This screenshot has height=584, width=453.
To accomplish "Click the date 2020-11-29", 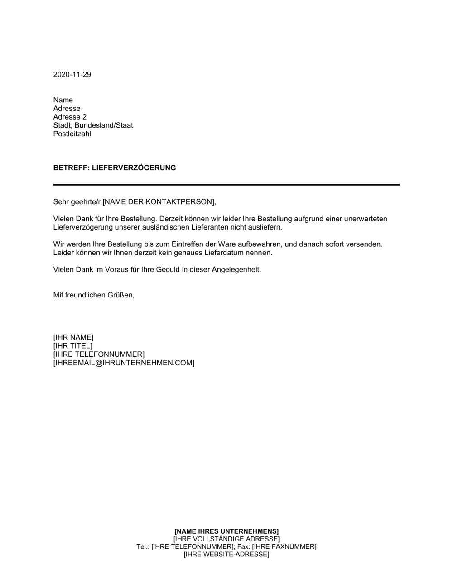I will click(x=72, y=75).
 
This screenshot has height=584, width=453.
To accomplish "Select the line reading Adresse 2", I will click(x=70, y=117).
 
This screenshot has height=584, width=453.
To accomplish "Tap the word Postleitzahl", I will click(x=72, y=134).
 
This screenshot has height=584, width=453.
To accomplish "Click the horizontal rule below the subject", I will click(x=226, y=185).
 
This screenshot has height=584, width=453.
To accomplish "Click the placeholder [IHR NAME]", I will click(x=73, y=337).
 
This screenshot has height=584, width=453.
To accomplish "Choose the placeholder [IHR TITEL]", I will click(x=72, y=346).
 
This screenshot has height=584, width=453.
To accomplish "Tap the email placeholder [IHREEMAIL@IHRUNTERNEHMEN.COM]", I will click(x=124, y=363).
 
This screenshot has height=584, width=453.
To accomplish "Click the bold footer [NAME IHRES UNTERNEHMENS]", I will click(x=226, y=531).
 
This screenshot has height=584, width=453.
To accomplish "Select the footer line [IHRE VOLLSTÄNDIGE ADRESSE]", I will click(x=226, y=539).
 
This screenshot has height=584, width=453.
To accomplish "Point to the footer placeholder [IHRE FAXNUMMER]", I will click(x=284, y=546).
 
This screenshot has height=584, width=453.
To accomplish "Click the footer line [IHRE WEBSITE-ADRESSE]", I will click(x=226, y=554).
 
